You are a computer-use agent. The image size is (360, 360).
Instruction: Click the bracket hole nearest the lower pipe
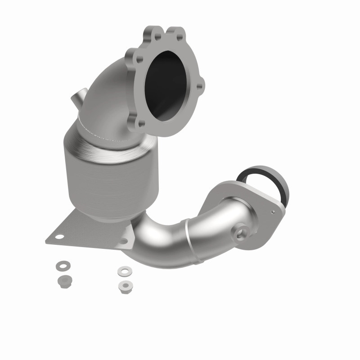[123, 242]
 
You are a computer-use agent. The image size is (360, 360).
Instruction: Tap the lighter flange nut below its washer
[123, 285]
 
